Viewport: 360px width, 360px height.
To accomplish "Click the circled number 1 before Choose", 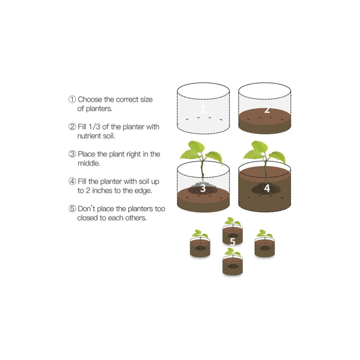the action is coord(72,99).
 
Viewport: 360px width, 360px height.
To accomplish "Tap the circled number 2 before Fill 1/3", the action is coord(72,127).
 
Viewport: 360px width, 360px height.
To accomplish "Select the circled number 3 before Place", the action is coord(72,154).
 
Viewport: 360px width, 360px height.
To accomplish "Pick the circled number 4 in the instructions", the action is coord(72,181).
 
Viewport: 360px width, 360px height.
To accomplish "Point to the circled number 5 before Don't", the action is coord(72,209).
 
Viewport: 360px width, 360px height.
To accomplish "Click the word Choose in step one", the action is coord(90,99).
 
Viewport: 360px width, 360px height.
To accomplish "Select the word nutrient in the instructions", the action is coord(89,136).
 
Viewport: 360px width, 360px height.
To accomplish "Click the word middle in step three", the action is coord(89,163).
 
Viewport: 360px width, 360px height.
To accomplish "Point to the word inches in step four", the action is coord(102,191).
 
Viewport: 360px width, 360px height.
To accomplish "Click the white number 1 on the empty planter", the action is coord(203,109).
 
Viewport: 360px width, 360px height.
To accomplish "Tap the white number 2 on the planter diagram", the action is coord(267,109).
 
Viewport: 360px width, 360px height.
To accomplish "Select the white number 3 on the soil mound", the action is coord(203,188).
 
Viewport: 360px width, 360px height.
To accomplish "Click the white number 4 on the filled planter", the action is coord(267,188).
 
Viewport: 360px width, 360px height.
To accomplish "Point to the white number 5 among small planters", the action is coord(233,242).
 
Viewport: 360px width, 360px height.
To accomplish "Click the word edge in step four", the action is coord(143,191).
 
